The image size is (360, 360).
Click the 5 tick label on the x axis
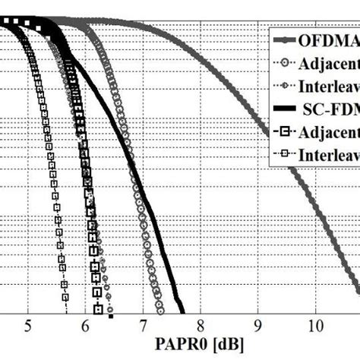click(28, 327)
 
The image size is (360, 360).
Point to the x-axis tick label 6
click(85, 327)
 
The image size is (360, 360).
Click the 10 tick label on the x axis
click(314, 327)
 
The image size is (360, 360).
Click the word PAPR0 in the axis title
click(180, 347)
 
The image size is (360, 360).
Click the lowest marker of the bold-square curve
click(98, 308)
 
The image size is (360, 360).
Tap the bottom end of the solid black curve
click(183, 312)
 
